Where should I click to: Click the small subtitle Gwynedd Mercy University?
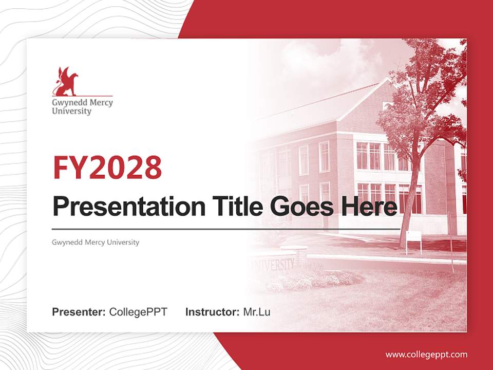[96, 242]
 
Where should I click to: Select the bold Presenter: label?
[79, 311]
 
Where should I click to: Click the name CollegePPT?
[138, 311]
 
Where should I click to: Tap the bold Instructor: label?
[212, 311]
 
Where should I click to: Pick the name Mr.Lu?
[257, 311]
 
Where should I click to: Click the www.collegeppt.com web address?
[426, 355]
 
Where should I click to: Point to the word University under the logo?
[71, 111]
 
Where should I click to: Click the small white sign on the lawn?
[414, 236]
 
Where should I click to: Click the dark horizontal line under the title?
[226, 229]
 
